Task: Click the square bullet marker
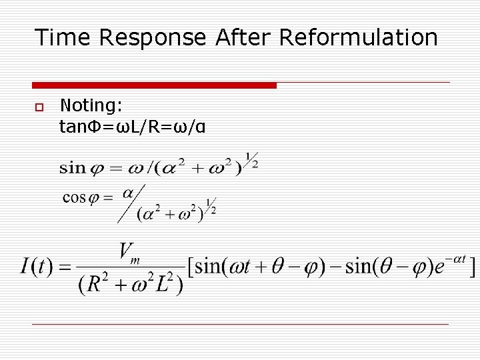coord(39,107)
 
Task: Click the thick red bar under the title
coord(154,85)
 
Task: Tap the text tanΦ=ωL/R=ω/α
coord(132,126)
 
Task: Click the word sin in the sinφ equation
coord(72,168)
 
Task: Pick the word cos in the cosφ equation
coord(75,198)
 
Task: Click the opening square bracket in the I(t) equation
coord(191,267)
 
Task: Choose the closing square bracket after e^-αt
coord(472,267)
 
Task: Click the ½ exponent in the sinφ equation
coord(252,161)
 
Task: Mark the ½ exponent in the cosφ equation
coord(210,206)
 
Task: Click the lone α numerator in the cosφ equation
coord(128,193)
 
